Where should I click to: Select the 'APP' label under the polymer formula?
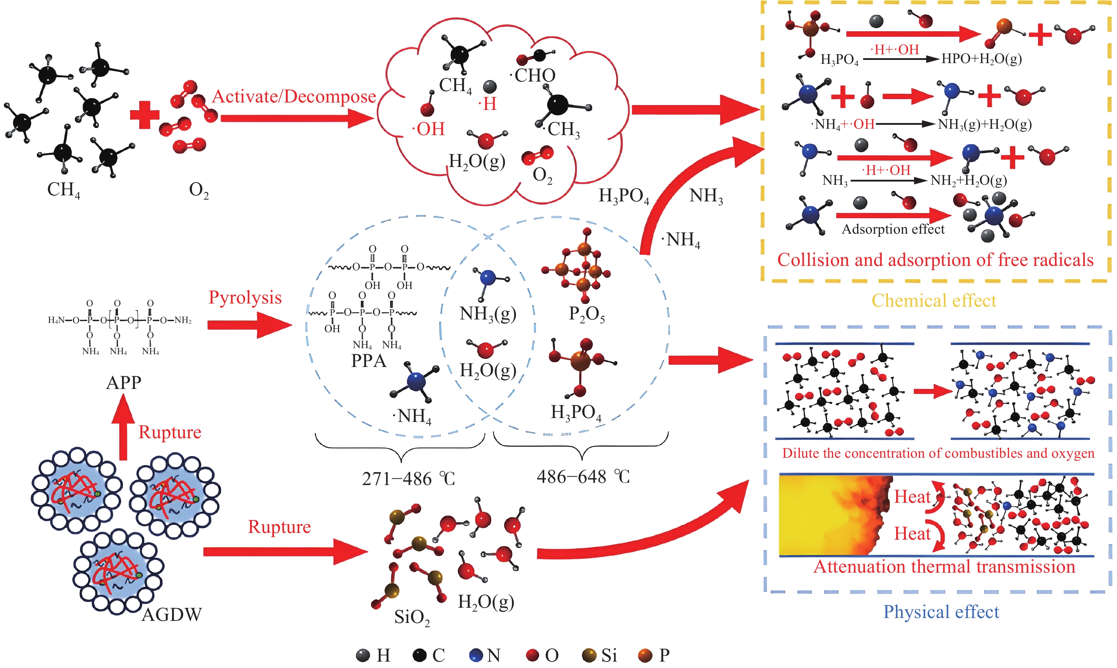click(124, 383)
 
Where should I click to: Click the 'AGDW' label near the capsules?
click(172, 614)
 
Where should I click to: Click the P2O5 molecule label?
click(587, 314)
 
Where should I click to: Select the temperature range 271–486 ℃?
click(408, 479)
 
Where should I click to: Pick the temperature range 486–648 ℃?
click(583, 476)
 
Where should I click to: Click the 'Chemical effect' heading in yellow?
click(934, 301)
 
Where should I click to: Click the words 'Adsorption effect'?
click(893, 229)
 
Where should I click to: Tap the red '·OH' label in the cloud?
click(428, 129)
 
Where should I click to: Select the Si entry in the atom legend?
click(600, 655)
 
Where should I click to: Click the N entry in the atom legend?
click(485, 655)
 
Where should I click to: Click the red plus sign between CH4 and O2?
click(144, 114)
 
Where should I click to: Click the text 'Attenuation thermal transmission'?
click(944, 566)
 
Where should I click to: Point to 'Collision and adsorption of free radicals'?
click(935, 260)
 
